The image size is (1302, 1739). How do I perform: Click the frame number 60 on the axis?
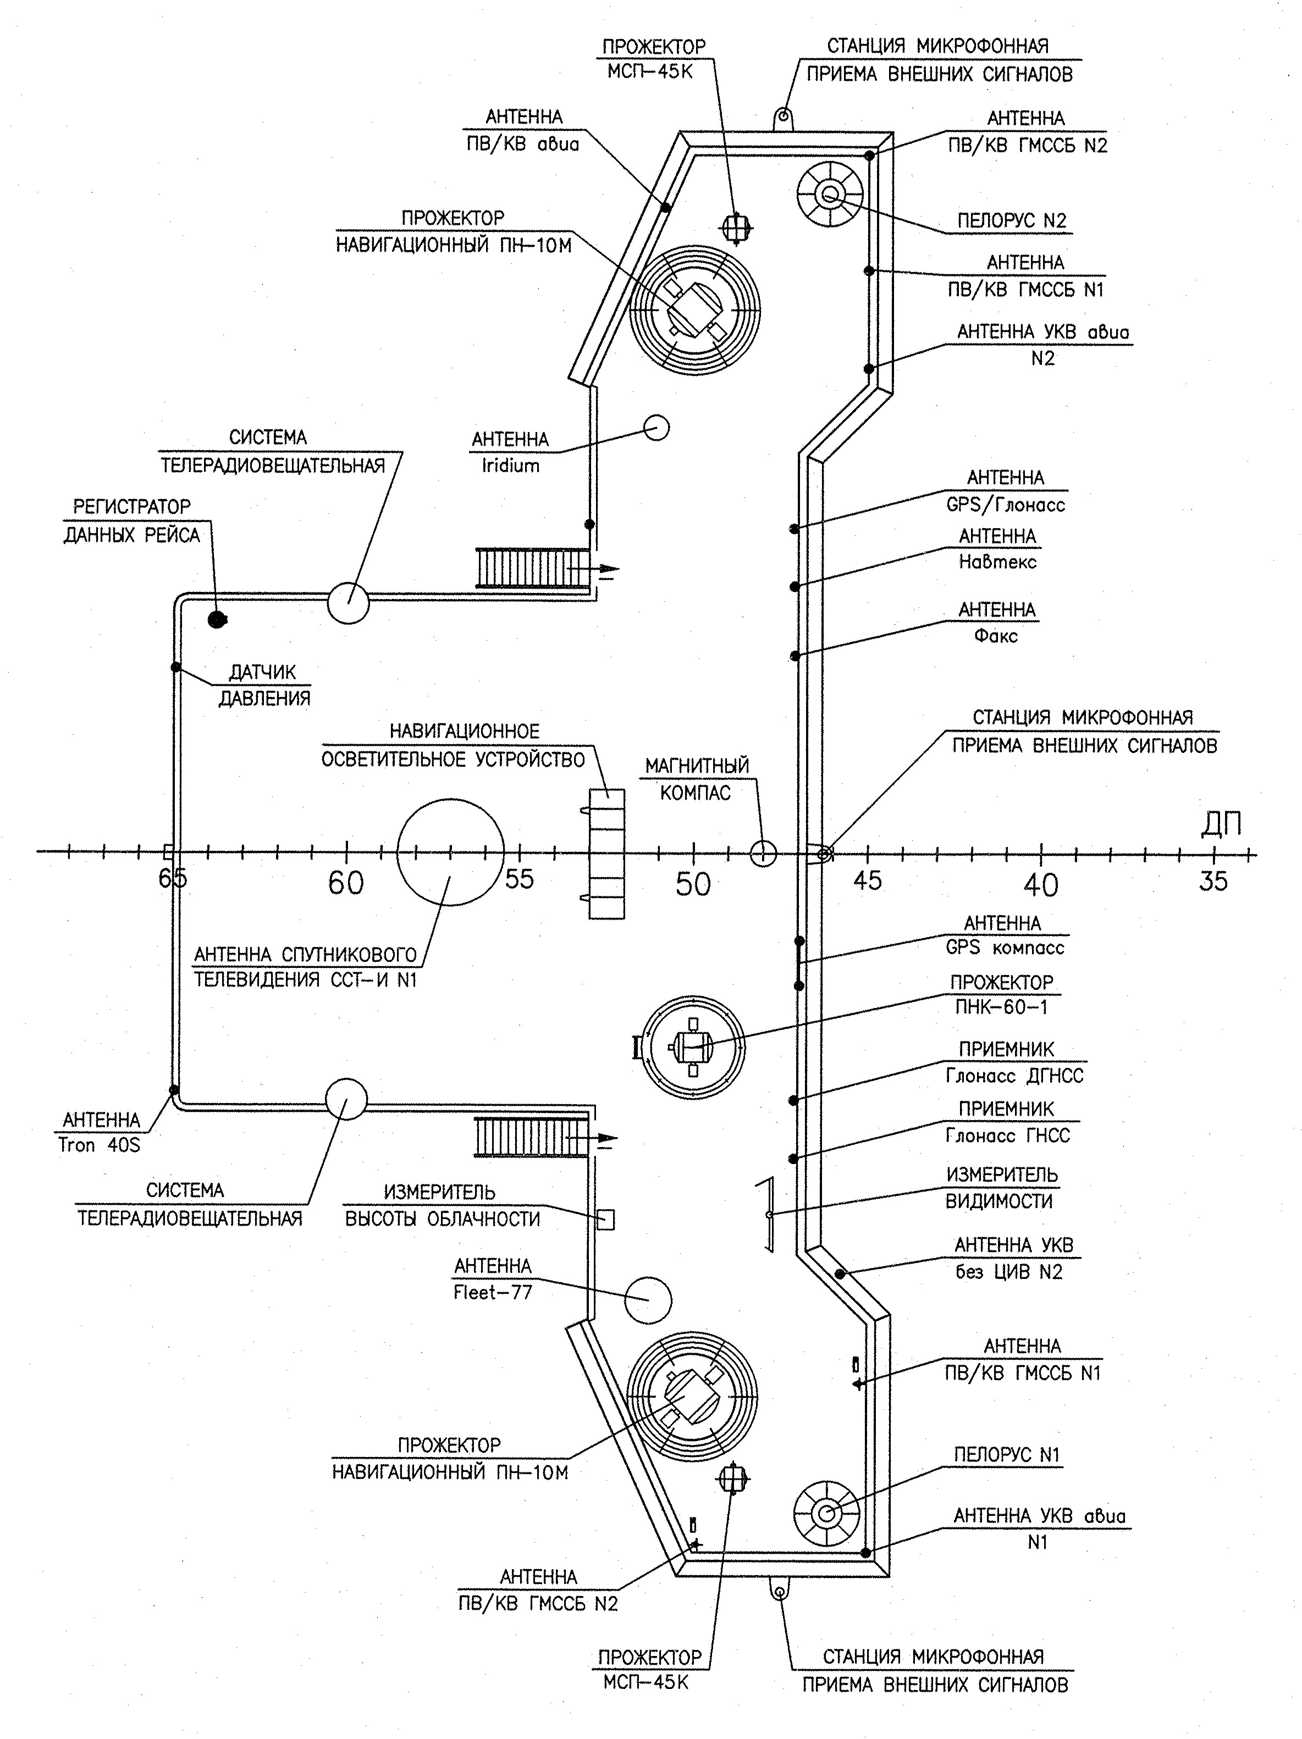click(346, 883)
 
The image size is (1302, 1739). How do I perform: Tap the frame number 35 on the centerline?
click(1213, 880)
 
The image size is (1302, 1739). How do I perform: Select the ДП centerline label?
click(1221, 824)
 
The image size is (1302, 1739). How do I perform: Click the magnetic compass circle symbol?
click(763, 852)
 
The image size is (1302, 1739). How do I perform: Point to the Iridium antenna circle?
click(656, 428)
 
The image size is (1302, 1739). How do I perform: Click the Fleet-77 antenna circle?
click(648, 1299)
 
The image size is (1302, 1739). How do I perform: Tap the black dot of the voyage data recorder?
click(216, 619)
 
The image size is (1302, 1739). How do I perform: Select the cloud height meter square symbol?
click(605, 1220)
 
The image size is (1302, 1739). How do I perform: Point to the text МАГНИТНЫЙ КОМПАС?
click(697, 778)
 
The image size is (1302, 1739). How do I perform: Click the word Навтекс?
click(997, 562)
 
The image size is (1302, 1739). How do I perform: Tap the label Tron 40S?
click(99, 1145)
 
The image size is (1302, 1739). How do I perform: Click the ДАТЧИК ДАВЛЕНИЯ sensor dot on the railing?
click(176, 667)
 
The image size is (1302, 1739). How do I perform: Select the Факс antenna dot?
click(795, 656)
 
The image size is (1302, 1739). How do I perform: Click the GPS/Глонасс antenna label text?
click(1006, 491)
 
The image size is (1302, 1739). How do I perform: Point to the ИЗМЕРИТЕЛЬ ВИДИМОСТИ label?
click(1001, 1188)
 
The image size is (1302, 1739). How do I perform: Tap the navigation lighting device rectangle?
click(607, 853)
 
